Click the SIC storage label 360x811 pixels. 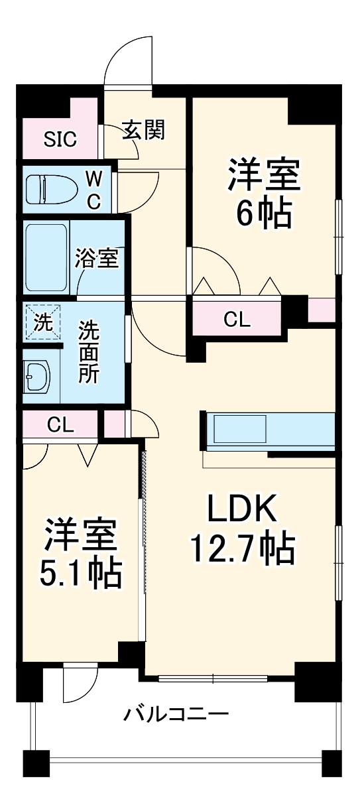[x=60, y=139]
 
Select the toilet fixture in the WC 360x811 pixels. [x=49, y=189]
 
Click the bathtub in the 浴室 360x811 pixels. [x=46, y=257]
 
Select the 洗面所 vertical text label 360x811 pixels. [x=90, y=351]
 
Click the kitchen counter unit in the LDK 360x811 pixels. [x=269, y=430]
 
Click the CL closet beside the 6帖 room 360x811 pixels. [x=237, y=320]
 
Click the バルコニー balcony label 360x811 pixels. [x=176, y=715]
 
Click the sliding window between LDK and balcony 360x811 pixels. [x=213, y=678]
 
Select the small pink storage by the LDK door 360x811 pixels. [x=114, y=424]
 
